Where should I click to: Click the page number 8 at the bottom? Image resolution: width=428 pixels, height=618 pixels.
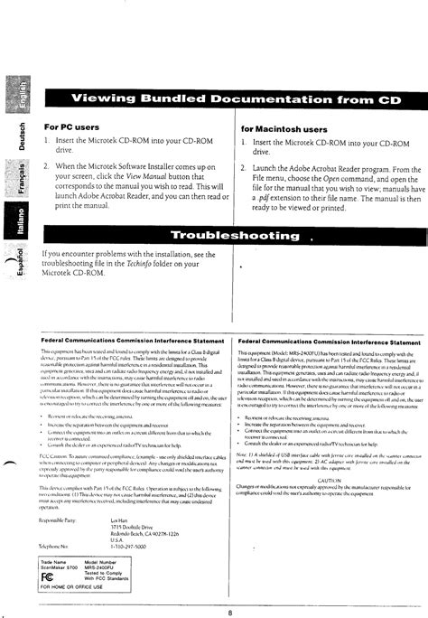(x=229, y=588)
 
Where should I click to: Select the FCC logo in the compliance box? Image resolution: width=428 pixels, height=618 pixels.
(x=48, y=549)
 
